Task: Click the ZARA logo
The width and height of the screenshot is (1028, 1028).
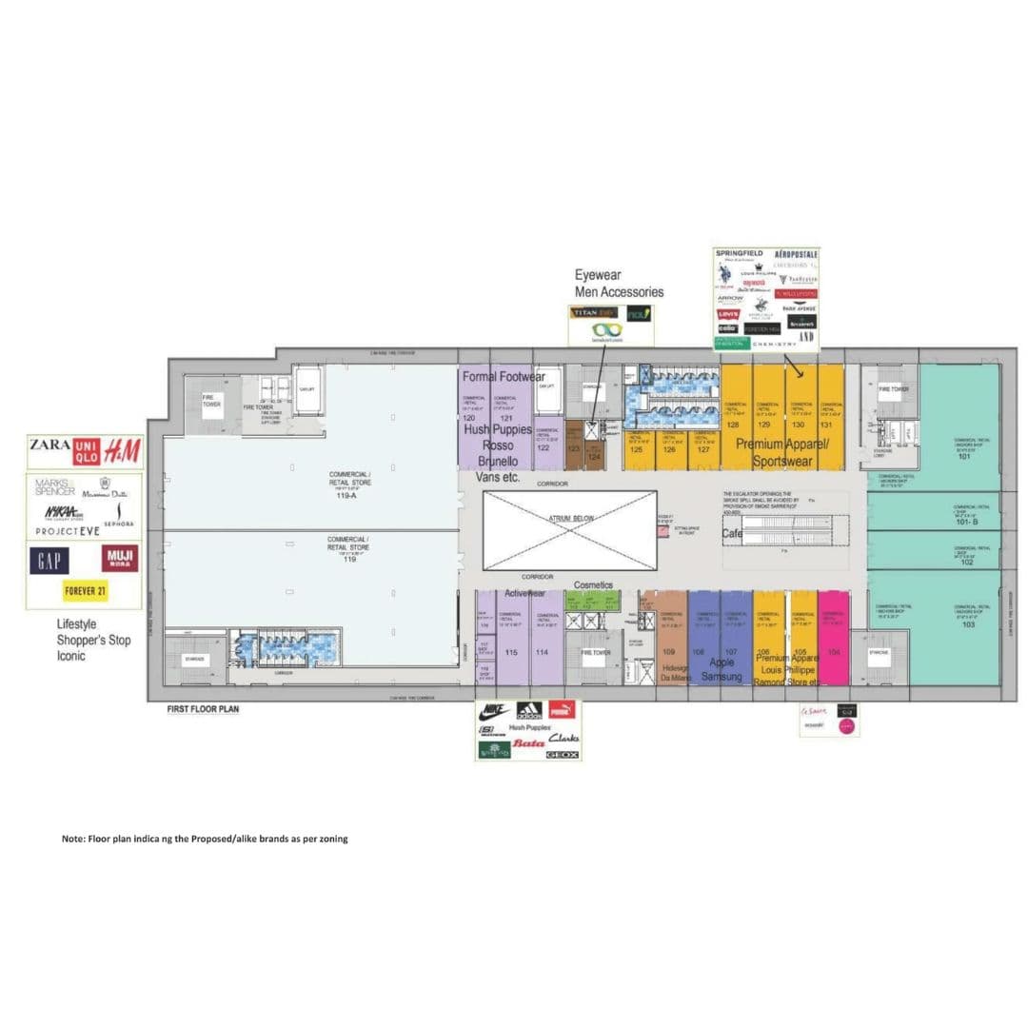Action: (50, 445)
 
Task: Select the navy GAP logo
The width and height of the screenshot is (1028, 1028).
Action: (49, 560)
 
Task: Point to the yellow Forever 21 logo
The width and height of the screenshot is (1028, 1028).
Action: (85, 590)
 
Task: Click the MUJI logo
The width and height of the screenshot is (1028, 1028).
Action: (119, 558)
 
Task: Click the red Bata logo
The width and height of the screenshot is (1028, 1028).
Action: (528, 741)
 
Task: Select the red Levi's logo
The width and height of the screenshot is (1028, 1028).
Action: (727, 314)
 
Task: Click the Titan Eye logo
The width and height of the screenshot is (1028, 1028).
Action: (594, 312)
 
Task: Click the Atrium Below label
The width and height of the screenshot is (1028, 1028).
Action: (569, 519)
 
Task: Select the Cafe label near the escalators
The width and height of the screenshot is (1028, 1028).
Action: (732, 534)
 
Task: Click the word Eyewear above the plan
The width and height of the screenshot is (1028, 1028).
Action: (598, 276)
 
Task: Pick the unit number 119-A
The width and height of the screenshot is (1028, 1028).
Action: (349, 496)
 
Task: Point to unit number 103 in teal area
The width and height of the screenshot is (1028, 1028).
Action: (968, 625)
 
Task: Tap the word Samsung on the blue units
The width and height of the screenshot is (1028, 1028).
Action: (721, 676)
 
